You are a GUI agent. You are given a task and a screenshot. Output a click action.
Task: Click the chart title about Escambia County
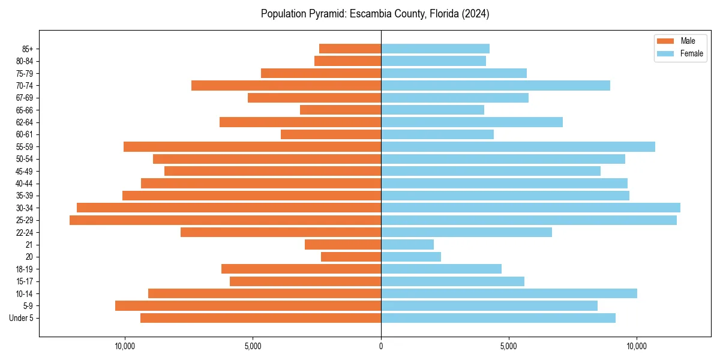click(x=375, y=14)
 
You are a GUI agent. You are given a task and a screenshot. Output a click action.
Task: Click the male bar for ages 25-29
click(x=225, y=220)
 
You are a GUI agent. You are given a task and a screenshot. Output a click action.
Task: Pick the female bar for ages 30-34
click(x=530, y=208)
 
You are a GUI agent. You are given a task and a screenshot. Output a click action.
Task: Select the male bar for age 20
click(x=351, y=257)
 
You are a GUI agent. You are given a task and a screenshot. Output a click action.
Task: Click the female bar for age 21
click(x=407, y=245)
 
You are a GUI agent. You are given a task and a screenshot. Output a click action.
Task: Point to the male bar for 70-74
click(x=286, y=86)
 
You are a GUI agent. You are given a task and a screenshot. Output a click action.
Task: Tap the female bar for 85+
click(x=435, y=49)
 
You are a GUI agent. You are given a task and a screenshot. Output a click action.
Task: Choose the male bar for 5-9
click(x=248, y=306)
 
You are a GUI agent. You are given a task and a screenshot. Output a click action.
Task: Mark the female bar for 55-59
click(x=518, y=147)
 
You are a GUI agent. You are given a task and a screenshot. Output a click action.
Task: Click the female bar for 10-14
click(x=509, y=293)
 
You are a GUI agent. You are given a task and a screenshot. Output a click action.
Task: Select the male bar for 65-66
click(x=340, y=110)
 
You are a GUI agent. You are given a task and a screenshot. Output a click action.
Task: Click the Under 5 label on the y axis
click(x=21, y=318)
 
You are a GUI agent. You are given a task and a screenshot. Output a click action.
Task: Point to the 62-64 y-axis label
click(x=25, y=122)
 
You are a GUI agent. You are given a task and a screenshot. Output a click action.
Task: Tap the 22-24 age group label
click(x=25, y=232)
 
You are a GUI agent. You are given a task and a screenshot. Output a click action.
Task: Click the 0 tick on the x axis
click(x=381, y=346)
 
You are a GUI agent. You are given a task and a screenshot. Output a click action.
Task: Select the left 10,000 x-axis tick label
click(x=125, y=346)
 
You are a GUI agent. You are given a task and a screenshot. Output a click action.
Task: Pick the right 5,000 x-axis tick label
click(x=509, y=346)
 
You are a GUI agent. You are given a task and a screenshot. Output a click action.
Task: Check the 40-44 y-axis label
click(x=25, y=184)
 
